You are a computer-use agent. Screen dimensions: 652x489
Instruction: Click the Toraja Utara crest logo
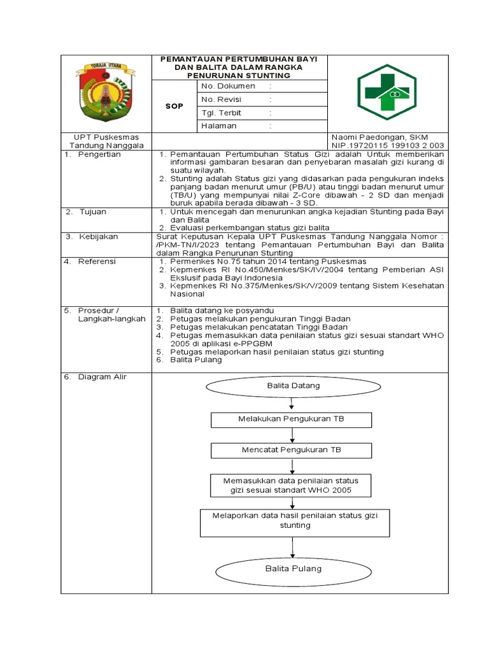[x=103, y=92]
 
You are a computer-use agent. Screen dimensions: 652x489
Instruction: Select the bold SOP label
[x=174, y=106]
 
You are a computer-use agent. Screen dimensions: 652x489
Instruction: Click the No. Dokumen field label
[x=228, y=86]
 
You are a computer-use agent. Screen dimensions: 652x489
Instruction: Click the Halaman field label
[x=219, y=125]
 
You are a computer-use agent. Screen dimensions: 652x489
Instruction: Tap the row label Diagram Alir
[x=103, y=377]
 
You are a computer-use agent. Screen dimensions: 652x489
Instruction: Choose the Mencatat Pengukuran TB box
[x=292, y=450]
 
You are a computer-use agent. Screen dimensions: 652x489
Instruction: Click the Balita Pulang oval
[x=293, y=569]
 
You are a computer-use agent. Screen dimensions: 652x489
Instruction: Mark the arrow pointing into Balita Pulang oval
[x=292, y=547]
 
